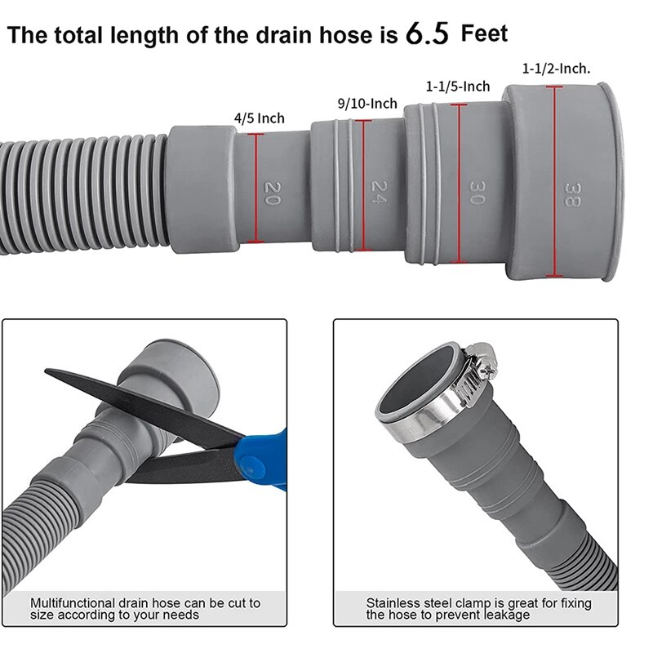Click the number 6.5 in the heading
point(427,35)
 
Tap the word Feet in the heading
point(484,33)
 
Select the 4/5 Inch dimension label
point(260,118)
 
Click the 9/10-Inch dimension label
point(367,104)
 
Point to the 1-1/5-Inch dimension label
point(458,87)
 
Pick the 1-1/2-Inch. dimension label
point(557,69)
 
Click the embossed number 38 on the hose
point(572,193)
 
